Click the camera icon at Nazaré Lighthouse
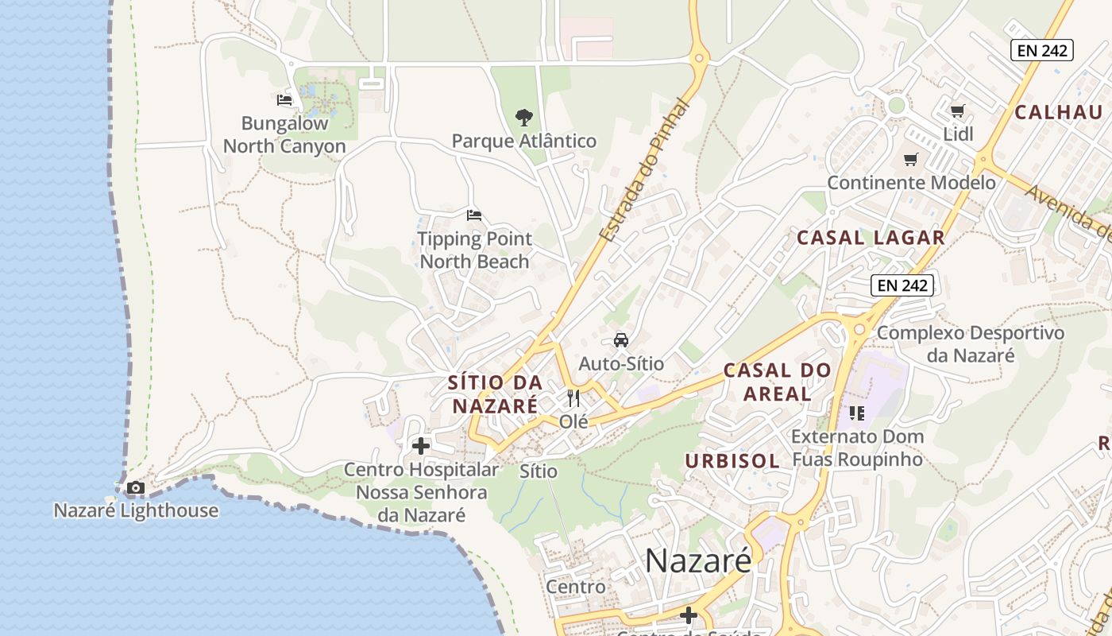coord(136,487)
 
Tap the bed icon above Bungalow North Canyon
coord(284,100)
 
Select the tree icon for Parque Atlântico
coord(523,118)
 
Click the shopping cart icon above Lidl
coord(958,111)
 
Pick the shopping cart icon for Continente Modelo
coord(911,159)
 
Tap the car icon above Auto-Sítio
coord(621,339)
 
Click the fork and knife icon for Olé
coord(573,397)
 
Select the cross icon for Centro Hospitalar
coord(421,446)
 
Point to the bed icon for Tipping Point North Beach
coord(474,215)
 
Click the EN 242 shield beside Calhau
coord(1042,51)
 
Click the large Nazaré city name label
coord(697,560)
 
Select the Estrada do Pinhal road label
coord(644,171)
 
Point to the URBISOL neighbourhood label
coord(732,461)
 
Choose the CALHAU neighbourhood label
coord(1059,112)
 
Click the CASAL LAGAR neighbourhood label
coord(871,237)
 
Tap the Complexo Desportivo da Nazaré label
coord(970,343)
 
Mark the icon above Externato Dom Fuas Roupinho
coord(856,413)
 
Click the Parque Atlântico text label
coord(523,142)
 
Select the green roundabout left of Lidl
coord(897,105)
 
